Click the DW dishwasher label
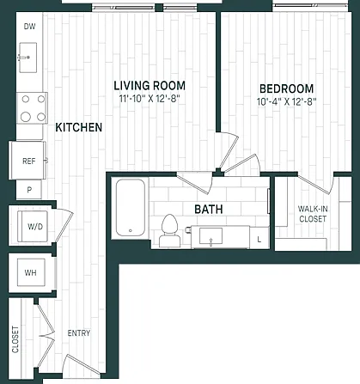[29, 27]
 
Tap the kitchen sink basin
[28, 58]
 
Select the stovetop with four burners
[32, 108]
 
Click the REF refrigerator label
[29, 161]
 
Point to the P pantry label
[29, 190]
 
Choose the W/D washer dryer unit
[33, 226]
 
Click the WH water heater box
[31, 272]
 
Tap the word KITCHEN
[79, 127]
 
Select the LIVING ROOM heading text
[149, 86]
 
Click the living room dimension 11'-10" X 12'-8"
[149, 99]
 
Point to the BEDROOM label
[286, 88]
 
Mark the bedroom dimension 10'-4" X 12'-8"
[286, 101]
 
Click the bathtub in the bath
[131, 208]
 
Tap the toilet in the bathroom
[170, 231]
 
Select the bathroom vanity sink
[211, 235]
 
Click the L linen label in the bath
[259, 240]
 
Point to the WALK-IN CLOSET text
[313, 214]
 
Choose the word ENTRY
[79, 333]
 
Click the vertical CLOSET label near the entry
[15, 339]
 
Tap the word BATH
[209, 210]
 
